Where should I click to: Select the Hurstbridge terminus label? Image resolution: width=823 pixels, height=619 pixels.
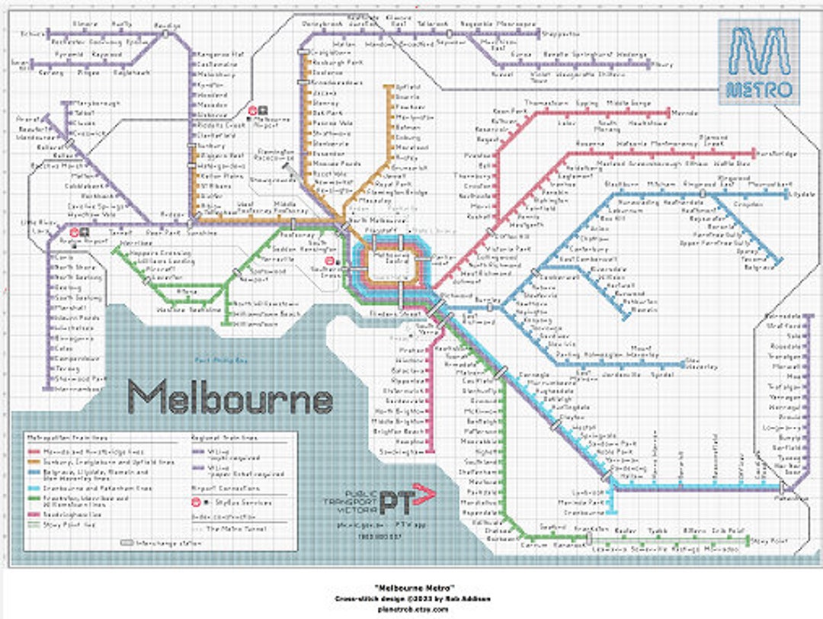pyautogui.click(x=777, y=154)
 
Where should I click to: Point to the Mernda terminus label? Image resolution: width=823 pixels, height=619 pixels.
pyautogui.click(x=685, y=113)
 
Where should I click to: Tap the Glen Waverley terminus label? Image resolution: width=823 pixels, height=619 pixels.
pyautogui.click(x=701, y=363)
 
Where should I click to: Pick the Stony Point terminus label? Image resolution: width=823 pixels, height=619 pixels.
pyautogui.click(x=766, y=541)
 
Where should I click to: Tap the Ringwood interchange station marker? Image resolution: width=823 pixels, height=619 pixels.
pyautogui.click(x=703, y=194)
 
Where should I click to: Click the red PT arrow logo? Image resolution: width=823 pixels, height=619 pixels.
pyautogui.click(x=407, y=500)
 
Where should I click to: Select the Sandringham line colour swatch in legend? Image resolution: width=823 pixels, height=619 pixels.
pyautogui.click(x=32, y=514)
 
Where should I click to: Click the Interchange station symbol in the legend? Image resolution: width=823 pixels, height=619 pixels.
pyautogui.click(x=126, y=543)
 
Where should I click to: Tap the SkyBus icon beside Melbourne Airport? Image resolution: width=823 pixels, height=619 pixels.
pyautogui.click(x=261, y=110)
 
